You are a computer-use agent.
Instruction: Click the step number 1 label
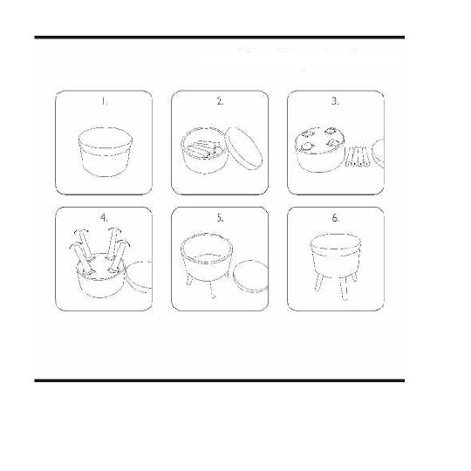click(x=104, y=101)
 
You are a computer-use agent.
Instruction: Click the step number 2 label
click(x=220, y=101)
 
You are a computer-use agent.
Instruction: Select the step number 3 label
click(x=335, y=101)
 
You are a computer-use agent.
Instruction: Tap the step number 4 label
click(x=104, y=218)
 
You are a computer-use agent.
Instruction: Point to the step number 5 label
click(x=220, y=218)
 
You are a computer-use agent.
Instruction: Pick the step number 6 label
click(x=335, y=218)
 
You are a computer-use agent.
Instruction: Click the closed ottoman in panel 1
click(x=106, y=152)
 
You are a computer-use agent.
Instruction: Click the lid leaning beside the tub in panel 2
click(x=243, y=149)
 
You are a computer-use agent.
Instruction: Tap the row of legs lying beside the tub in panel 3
click(x=358, y=156)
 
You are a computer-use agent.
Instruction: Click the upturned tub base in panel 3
click(x=319, y=149)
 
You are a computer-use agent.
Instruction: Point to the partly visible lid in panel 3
click(x=378, y=154)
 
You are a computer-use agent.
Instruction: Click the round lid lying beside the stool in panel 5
click(x=250, y=276)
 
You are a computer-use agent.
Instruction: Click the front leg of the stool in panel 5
click(x=212, y=290)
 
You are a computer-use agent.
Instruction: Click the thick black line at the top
click(x=220, y=38)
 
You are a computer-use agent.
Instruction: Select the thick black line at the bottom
click(x=220, y=380)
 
